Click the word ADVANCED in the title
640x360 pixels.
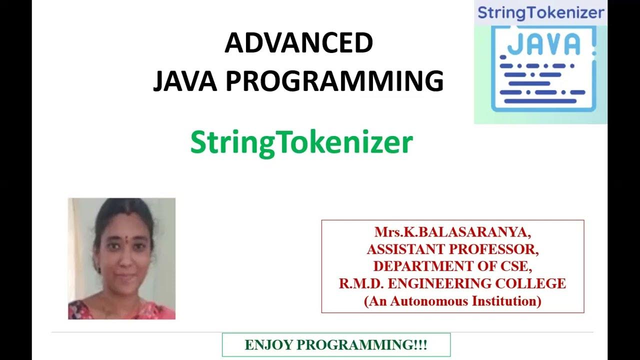point(298,43)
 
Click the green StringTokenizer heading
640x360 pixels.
point(301,143)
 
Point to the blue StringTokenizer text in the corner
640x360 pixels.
point(540,12)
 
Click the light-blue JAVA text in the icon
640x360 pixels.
point(543,44)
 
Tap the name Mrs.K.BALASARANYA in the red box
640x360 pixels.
point(453,232)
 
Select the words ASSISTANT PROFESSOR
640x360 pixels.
point(453,249)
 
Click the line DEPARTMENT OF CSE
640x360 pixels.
point(453,266)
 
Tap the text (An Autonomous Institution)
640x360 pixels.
point(453,301)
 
